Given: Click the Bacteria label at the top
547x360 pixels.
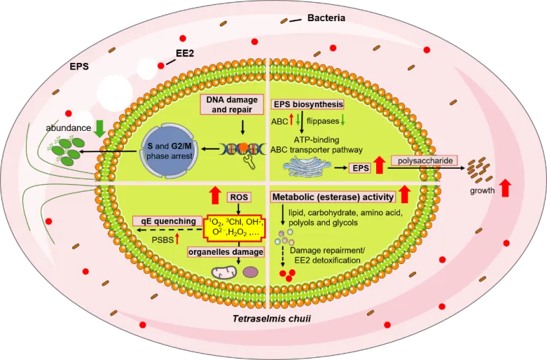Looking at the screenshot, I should pyautogui.click(x=326, y=19).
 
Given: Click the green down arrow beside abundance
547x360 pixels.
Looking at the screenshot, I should pyautogui.click(x=99, y=127).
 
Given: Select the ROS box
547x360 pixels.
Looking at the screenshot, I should pyautogui.click(x=238, y=197).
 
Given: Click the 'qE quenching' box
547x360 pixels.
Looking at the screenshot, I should pyautogui.click(x=166, y=221).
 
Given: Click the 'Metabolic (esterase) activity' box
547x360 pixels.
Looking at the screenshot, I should pyautogui.click(x=333, y=197).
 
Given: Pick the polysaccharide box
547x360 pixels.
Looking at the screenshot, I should pyautogui.click(x=424, y=161).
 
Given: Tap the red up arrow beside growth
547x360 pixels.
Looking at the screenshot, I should pyautogui.click(x=505, y=188).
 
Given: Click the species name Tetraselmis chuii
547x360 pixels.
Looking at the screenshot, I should pyautogui.click(x=272, y=318).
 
